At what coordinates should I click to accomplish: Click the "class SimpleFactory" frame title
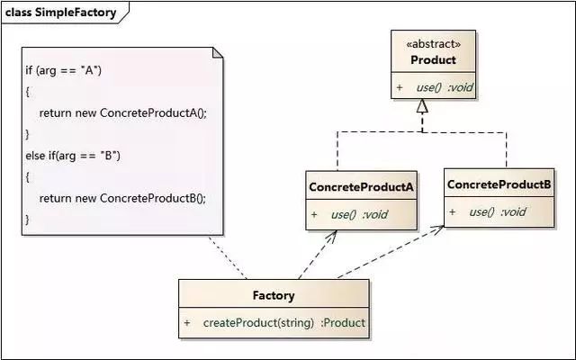click(x=61, y=13)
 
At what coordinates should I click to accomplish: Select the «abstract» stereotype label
click(x=434, y=44)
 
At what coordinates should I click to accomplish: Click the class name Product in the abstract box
click(x=434, y=60)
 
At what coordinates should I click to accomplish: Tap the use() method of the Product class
click(x=445, y=87)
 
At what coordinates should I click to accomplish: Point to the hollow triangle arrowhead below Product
click(x=422, y=106)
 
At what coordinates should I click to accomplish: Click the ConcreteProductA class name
click(x=361, y=187)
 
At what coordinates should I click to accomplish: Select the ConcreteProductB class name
click(x=499, y=184)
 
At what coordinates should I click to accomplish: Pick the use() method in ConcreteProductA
click(x=359, y=214)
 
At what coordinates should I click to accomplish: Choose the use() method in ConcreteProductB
click(x=498, y=212)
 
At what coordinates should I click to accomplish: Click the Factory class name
click(x=274, y=295)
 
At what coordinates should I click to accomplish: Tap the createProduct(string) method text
click(x=258, y=323)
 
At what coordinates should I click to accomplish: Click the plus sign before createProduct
click(x=187, y=323)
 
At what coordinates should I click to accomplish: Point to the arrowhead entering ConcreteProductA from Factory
click(x=332, y=236)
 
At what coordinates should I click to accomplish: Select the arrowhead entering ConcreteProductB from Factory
click(x=437, y=229)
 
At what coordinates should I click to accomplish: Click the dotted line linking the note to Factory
click(x=228, y=257)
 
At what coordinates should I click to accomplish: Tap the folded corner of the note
click(x=218, y=52)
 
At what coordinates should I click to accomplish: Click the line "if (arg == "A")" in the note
click(x=64, y=70)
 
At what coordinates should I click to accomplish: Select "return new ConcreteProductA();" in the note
click(x=123, y=112)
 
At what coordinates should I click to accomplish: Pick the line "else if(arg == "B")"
click(x=73, y=156)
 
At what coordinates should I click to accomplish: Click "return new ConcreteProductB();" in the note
click(x=122, y=198)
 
